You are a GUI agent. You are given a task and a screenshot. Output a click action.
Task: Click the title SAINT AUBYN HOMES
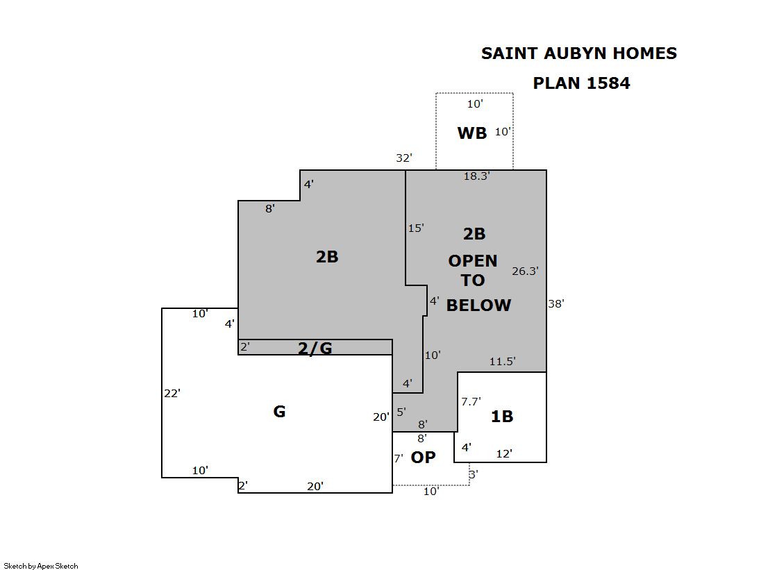pos(579,53)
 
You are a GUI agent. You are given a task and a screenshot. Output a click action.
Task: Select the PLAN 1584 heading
pos(581,83)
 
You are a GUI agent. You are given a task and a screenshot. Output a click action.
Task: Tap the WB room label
pos(472,133)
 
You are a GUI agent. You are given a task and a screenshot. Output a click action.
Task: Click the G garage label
pos(279,412)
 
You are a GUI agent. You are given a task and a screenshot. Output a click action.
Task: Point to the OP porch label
pos(423,457)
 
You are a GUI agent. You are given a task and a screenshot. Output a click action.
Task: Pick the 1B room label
pos(502,417)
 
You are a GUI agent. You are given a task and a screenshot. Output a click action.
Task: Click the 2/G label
pos(315,349)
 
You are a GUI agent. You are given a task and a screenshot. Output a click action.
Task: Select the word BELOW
pos(478,305)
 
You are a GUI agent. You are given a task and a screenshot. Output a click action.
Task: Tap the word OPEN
pos(473,261)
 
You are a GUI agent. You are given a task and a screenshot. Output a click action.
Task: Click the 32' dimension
pos(404,158)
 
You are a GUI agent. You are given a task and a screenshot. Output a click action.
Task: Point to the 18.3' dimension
pos(477,176)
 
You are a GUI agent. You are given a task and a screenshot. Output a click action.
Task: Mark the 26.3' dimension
pos(525,271)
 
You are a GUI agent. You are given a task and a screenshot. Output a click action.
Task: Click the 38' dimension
pos(556,304)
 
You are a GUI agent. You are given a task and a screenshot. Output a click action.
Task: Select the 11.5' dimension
pos(503,361)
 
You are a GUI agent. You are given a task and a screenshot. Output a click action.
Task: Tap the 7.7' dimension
pos(471,401)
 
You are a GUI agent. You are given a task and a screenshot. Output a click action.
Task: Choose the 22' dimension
pos(172,394)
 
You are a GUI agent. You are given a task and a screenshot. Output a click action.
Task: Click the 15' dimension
pos(416,228)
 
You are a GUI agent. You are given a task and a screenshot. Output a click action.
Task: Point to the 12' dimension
pos(504,453)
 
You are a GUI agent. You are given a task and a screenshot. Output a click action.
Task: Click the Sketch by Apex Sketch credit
pos(41,566)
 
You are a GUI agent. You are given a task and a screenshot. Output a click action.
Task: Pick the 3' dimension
pos(474,474)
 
